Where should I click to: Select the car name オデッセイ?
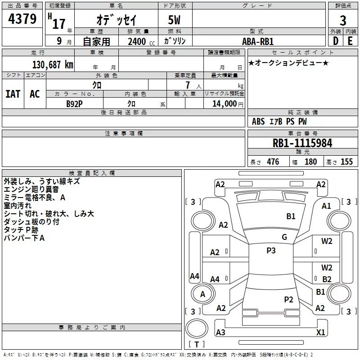(x=116, y=20)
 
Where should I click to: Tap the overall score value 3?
(x=343, y=20)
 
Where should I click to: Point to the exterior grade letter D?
(x=335, y=40)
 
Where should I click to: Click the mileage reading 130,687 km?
(x=53, y=64)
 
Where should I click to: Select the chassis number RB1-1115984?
(x=302, y=143)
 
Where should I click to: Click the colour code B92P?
(x=74, y=103)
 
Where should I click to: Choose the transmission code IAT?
(x=13, y=94)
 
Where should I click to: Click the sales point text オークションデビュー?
(x=288, y=63)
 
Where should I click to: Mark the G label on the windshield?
(x=284, y=237)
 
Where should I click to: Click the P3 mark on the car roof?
(x=271, y=251)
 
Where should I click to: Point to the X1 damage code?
(x=321, y=332)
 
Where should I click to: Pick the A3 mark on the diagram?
(x=220, y=332)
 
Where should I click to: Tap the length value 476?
(x=273, y=162)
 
